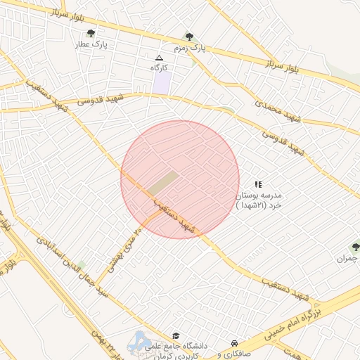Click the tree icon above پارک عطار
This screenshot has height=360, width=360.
(x=91, y=33)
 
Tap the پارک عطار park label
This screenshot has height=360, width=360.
(x=91, y=44)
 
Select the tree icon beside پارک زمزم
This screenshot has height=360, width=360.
(x=188, y=37)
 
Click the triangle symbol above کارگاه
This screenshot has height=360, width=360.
(x=159, y=58)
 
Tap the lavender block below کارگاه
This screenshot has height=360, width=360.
(x=162, y=82)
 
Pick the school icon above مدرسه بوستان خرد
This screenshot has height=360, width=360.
(x=257, y=184)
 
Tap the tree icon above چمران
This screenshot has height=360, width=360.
(x=355, y=247)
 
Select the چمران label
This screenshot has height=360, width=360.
(x=349, y=259)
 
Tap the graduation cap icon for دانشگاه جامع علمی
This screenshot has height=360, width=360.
(x=176, y=336)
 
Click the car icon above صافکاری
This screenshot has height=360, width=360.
(x=233, y=343)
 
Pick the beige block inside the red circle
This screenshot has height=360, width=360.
(x=163, y=182)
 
